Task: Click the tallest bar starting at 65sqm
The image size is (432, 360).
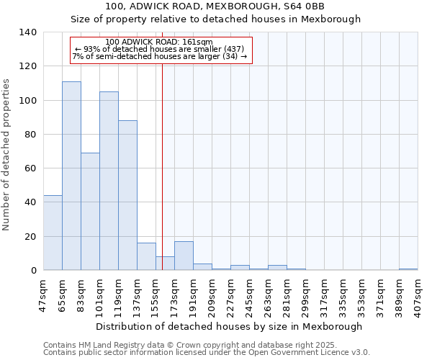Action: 71,176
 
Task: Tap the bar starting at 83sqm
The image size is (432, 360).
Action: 90,212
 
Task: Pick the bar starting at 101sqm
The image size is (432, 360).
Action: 109,181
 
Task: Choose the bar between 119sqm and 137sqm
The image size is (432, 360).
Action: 127,195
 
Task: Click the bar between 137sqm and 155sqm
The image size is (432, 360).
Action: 146,256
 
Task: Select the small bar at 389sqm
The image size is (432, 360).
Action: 408,269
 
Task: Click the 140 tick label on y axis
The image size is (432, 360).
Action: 27,32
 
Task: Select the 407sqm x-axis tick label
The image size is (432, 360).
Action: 418,294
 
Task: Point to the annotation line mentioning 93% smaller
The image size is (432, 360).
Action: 160,49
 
